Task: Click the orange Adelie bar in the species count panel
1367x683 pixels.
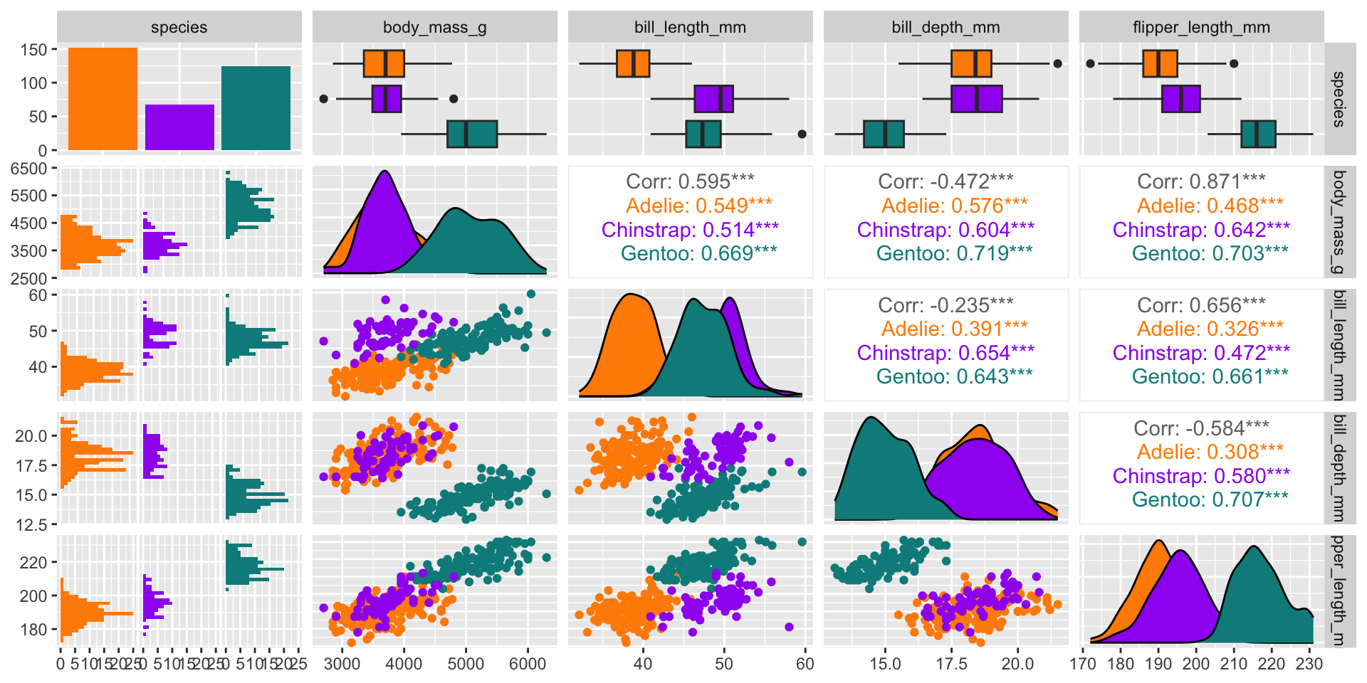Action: (103, 99)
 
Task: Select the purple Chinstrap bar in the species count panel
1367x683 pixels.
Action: (179, 127)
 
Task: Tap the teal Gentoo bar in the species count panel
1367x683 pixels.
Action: (256, 108)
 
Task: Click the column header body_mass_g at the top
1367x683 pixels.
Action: (434, 27)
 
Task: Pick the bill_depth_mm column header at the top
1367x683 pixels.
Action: (946, 27)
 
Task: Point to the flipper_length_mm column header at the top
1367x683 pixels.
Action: (1201, 27)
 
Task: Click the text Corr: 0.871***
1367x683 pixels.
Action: (1201, 182)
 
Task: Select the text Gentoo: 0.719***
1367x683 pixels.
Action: (954, 253)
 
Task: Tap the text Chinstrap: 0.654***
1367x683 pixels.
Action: (946, 353)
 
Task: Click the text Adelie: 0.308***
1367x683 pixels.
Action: (1210, 452)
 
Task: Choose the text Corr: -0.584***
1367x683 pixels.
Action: (1201, 428)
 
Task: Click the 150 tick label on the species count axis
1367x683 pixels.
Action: (33, 50)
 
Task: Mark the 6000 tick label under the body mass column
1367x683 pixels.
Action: (528, 664)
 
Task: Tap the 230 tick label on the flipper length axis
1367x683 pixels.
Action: (1309, 664)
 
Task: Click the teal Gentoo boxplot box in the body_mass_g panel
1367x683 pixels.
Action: (472, 134)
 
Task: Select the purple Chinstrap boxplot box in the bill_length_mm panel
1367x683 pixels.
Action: (713, 99)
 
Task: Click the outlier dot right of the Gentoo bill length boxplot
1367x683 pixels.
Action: (802, 134)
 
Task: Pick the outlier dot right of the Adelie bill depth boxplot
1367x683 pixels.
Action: (1057, 63)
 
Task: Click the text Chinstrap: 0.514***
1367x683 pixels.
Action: (690, 230)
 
